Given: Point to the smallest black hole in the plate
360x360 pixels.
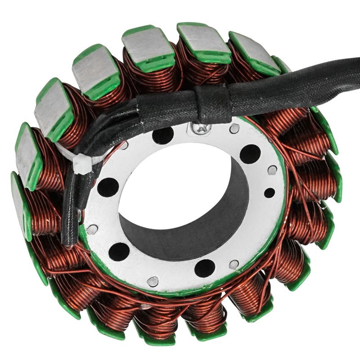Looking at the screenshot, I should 269,193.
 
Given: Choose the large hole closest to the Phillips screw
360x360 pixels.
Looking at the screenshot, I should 163,135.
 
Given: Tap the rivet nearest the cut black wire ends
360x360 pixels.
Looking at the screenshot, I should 92,229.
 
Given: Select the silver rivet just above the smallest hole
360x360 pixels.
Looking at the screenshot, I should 272,170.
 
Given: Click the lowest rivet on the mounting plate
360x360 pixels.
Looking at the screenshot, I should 153,281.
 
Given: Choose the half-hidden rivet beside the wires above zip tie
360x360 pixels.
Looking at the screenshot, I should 124,145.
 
